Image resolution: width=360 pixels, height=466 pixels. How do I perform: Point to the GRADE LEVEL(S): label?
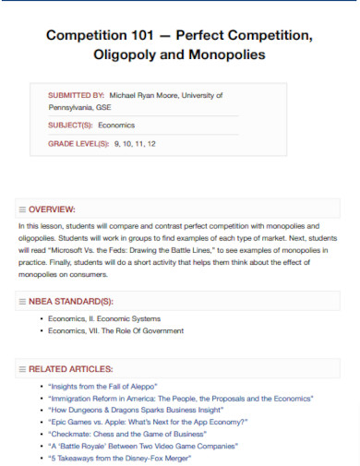click(78, 144)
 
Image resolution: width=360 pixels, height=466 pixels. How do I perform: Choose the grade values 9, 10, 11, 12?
click(135, 144)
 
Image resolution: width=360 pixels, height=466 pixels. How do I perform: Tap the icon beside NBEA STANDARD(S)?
click(22, 301)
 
